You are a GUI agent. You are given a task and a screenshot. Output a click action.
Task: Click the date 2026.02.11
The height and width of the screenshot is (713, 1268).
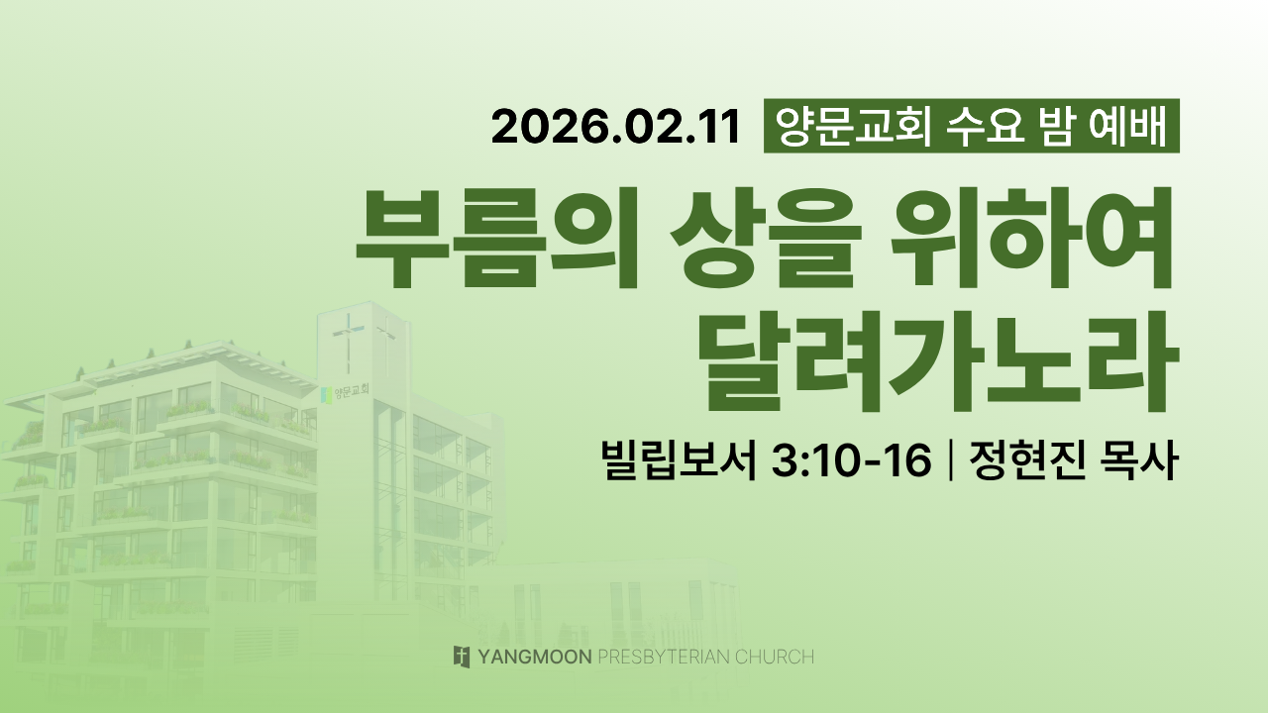click(x=616, y=127)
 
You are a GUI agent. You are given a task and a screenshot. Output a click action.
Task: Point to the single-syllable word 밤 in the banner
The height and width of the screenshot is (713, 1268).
click(x=1057, y=126)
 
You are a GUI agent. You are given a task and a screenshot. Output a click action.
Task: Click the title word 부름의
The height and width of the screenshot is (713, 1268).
click(x=497, y=239)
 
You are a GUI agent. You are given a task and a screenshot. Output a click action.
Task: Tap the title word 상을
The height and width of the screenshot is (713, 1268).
click(x=766, y=239)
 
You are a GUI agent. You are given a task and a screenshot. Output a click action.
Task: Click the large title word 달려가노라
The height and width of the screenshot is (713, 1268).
click(x=938, y=361)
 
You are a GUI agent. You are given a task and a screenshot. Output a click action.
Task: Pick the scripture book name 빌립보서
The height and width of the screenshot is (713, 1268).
click(x=680, y=460)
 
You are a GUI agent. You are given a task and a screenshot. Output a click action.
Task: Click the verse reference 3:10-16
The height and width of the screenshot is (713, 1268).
click(x=851, y=460)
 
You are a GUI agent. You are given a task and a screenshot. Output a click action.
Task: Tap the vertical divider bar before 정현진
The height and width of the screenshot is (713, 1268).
click(x=950, y=461)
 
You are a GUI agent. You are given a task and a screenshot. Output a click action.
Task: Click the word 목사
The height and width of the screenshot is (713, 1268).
click(x=1139, y=460)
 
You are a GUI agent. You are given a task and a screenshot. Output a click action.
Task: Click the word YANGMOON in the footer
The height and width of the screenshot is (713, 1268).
click(x=535, y=657)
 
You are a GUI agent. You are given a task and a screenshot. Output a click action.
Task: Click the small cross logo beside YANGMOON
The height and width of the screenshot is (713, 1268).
click(x=462, y=657)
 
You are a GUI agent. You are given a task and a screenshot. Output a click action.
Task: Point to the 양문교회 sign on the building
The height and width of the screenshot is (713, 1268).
click(x=347, y=392)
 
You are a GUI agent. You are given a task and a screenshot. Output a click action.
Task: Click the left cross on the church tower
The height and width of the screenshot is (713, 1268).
click(x=348, y=343)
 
